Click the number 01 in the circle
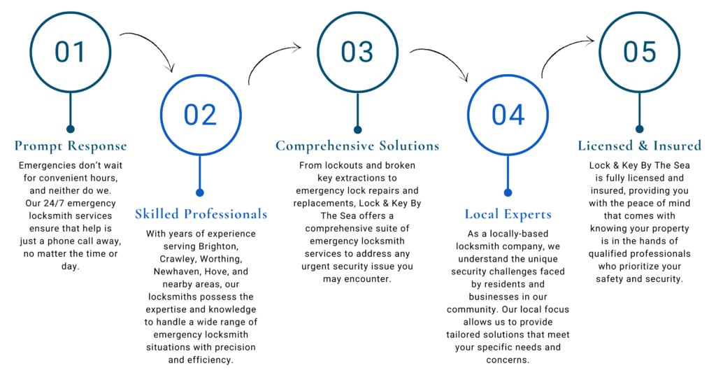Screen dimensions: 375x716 (70, 52)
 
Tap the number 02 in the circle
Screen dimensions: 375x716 (200, 115)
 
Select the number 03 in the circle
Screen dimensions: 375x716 (357, 52)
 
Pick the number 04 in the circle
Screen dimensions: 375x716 (508, 115)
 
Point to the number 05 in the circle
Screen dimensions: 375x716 (639, 52)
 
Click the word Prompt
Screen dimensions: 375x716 (38, 146)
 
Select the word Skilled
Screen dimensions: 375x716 (157, 214)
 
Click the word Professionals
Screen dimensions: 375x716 (225, 214)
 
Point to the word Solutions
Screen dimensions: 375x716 (409, 146)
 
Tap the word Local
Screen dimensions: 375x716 (481, 214)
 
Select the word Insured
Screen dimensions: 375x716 (677, 146)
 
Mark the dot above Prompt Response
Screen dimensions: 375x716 (70, 129)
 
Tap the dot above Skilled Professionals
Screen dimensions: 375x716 (200, 192)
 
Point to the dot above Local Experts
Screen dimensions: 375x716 (508, 192)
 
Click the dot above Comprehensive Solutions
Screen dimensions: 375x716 (357, 129)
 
